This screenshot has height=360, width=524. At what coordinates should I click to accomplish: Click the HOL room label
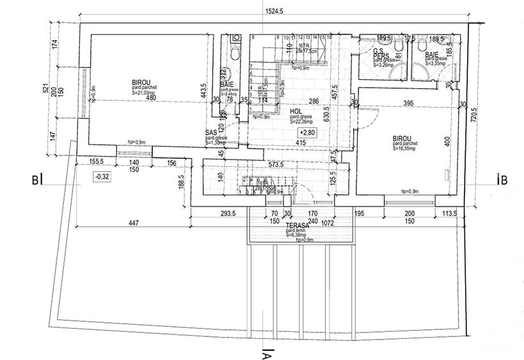[297, 111]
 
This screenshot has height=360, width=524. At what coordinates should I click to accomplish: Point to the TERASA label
[298, 226]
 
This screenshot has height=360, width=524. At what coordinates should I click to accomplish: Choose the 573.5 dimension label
[276, 164]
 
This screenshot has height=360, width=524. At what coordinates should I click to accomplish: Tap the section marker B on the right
[504, 180]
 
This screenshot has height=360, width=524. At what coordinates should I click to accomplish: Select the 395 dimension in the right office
[408, 104]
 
